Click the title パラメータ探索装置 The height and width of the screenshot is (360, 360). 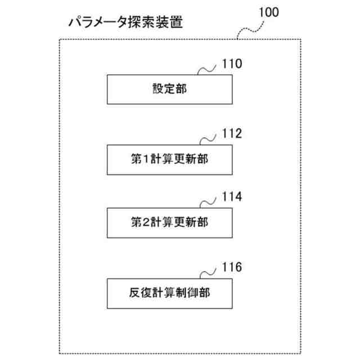pyautogui.click(x=125, y=24)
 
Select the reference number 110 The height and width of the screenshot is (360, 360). pyautogui.click(x=232, y=63)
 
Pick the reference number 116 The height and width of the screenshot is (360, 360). pyautogui.click(x=232, y=267)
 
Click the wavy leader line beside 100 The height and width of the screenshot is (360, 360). pyautogui.click(x=249, y=27)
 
